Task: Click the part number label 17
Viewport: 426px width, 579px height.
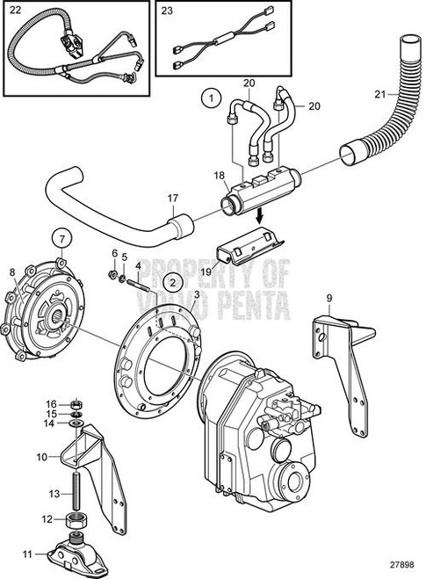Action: pyautogui.click(x=171, y=198)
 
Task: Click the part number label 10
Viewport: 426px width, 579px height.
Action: pyautogui.click(x=41, y=458)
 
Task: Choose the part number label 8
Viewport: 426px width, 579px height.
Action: pyautogui.click(x=11, y=272)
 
